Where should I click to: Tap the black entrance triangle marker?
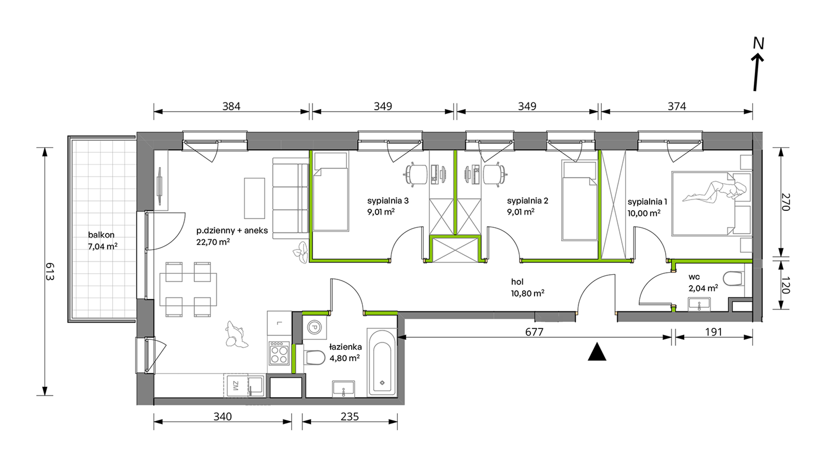pyautogui.click(x=597, y=352)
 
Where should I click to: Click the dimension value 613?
pyautogui.click(x=50, y=272)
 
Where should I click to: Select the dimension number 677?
pyautogui.click(x=534, y=332)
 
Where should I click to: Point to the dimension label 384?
pyautogui.click(x=231, y=106)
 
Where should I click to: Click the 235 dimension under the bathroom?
pyautogui.click(x=350, y=416)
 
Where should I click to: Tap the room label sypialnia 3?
pyautogui.click(x=388, y=201)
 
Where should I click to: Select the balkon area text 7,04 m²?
pyautogui.click(x=103, y=246)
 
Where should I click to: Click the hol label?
pyautogui.click(x=517, y=282)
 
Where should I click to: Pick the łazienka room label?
pyautogui.click(x=345, y=347)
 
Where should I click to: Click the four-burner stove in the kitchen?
pyautogui.click(x=279, y=353)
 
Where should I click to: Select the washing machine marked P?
pyautogui.click(x=314, y=327)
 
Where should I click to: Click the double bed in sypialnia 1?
pyautogui.click(x=711, y=203)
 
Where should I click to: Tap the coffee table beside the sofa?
pyautogui.click(x=254, y=198)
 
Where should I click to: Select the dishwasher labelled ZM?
pyautogui.click(x=235, y=386)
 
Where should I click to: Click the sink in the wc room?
pyautogui.click(x=699, y=304)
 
